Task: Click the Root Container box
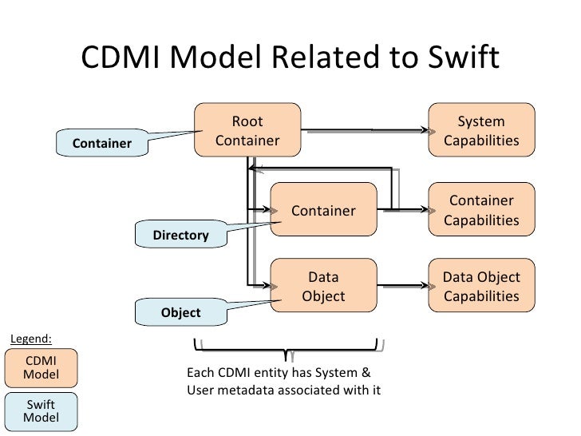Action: coord(247,131)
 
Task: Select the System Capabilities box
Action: coord(481,131)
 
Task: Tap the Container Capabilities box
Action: coord(481,211)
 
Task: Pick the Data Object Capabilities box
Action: coord(481,287)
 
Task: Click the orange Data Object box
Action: coord(323,287)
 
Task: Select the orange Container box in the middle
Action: coord(323,211)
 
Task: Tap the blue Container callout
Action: coord(102,144)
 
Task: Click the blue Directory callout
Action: coord(180,236)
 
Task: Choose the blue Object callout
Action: coord(181,312)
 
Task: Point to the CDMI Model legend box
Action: coord(41,367)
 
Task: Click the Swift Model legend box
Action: coord(41,410)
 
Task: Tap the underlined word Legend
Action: coord(30,337)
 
